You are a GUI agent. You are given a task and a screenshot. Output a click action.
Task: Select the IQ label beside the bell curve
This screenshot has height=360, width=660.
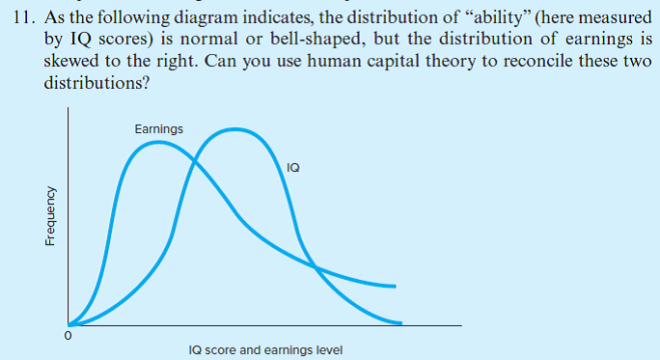coord(293,168)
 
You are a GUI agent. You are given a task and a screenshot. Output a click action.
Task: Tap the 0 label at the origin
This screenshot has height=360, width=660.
coord(67,337)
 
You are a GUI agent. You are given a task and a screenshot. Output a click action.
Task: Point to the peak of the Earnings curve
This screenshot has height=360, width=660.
coord(156,144)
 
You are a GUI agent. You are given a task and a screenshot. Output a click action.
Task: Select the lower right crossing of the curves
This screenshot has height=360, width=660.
coord(314,263)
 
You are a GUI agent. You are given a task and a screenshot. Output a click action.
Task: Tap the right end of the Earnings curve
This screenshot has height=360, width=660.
coord(396,287)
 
